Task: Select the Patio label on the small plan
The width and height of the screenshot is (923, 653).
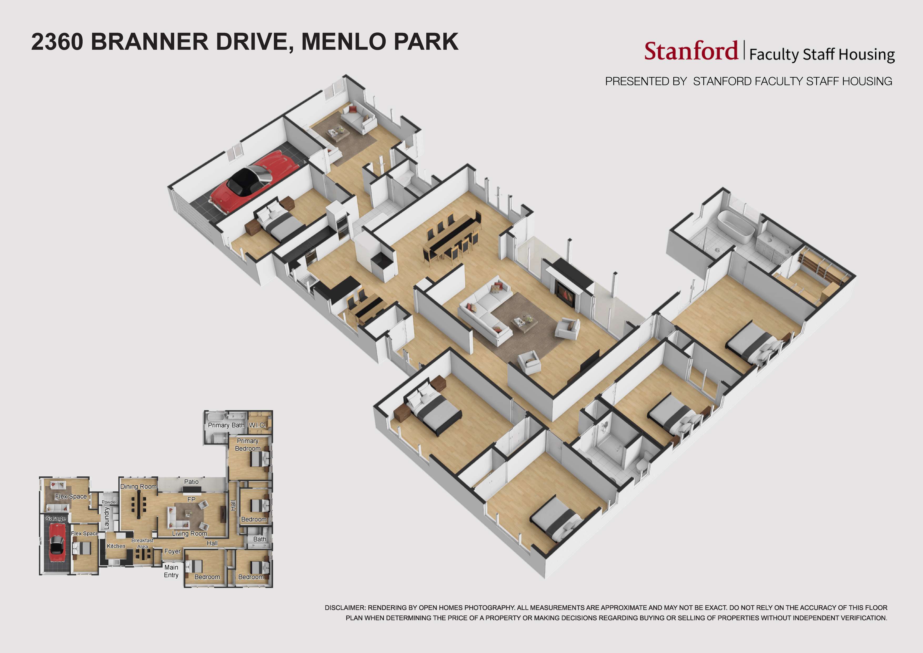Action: tap(191, 482)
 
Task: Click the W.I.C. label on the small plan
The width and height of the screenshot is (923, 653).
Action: tap(257, 425)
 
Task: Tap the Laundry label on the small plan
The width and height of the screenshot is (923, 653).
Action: tap(107, 518)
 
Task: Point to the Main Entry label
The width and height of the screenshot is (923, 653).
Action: tap(171, 571)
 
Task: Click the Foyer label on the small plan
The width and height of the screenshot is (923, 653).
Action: tap(172, 551)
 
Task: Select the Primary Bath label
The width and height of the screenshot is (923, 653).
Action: tap(226, 425)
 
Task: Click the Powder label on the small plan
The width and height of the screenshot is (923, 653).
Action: tap(109, 502)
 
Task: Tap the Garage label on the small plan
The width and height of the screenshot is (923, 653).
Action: tap(56, 518)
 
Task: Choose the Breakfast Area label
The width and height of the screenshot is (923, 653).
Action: tap(142, 543)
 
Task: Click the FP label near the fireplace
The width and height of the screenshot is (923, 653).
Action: tap(191, 499)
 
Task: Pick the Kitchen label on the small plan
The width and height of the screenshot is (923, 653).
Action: tap(116, 546)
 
